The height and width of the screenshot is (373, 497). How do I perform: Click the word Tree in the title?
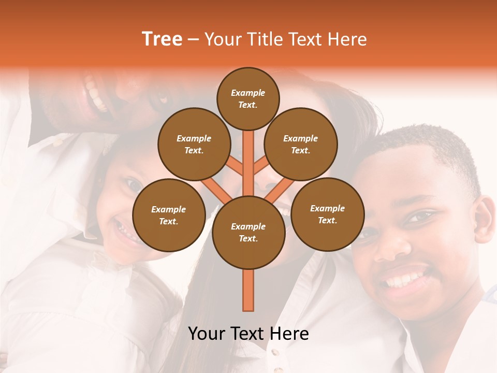click(x=162, y=39)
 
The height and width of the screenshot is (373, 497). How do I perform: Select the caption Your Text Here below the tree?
click(x=248, y=334)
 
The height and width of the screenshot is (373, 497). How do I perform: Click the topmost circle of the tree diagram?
click(x=248, y=98)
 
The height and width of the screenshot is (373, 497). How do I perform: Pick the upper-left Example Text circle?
click(x=194, y=145)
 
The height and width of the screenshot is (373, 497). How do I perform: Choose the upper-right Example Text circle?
click(x=300, y=145)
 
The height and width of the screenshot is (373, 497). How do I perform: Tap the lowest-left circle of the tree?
click(x=169, y=216)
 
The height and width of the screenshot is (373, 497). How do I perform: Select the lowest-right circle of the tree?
click(x=327, y=214)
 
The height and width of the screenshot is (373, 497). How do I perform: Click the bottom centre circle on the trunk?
click(x=248, y=233)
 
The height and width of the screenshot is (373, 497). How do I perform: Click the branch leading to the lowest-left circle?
click(x=216, y=190)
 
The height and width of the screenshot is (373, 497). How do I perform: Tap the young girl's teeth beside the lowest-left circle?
click(x=125, y=231)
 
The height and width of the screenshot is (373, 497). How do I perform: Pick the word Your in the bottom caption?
click(x=207, y=334)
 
